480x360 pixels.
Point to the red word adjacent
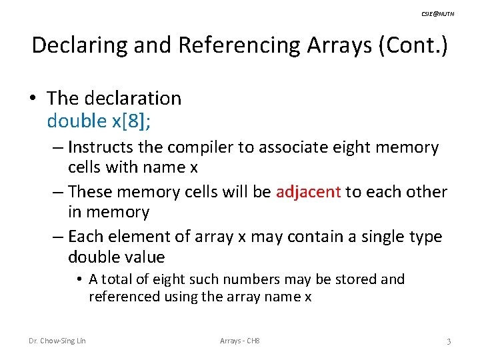(x=307, y=191)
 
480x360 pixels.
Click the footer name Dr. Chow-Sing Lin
(x=57, y=341)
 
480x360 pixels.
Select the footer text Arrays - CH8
(x=240, y=341)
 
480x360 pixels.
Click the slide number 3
(x=449, y=341)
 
